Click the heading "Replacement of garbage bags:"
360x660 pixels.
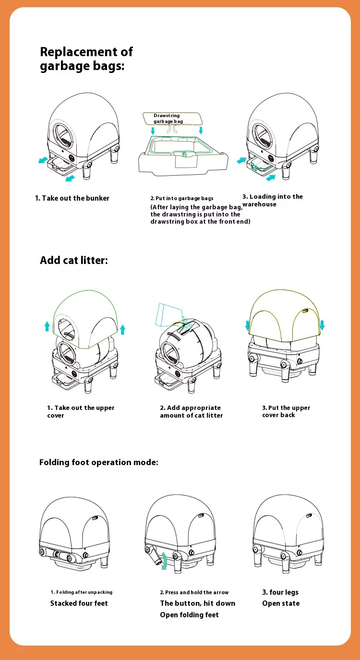pos(86,59)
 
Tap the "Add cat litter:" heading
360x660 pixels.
pos(74,260)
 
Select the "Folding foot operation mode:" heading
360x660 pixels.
pos(98,462)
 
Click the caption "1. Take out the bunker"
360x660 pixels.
pos(72,198)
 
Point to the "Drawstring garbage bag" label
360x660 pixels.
pos(167,119)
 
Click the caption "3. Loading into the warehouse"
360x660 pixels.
pos(272,200)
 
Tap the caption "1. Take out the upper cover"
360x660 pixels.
pos(81,411)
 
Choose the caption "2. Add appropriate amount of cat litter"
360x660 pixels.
pos(191,411)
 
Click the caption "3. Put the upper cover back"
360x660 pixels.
pos(286,411)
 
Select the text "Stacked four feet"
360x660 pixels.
pos(79,603)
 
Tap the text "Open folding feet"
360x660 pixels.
pos(189,615)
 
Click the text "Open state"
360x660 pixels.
pos(281,603)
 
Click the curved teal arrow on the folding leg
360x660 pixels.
pos(164,560)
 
